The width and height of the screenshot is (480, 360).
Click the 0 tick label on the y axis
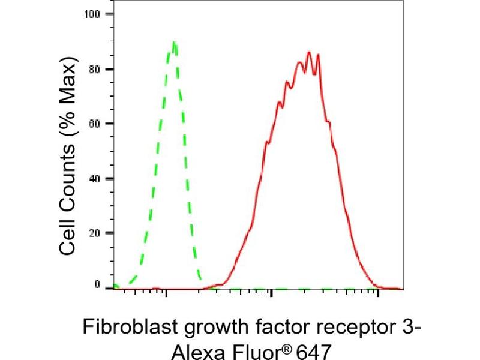pyautogui.click(x=96, y=286)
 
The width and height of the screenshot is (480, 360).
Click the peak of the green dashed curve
pyautogui.click(x=174, y=43)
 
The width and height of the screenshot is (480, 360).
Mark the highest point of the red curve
pyautogui.click(x=309, y=52)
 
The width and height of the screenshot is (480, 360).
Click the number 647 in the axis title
pyautogui.click(x=312, y=350)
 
